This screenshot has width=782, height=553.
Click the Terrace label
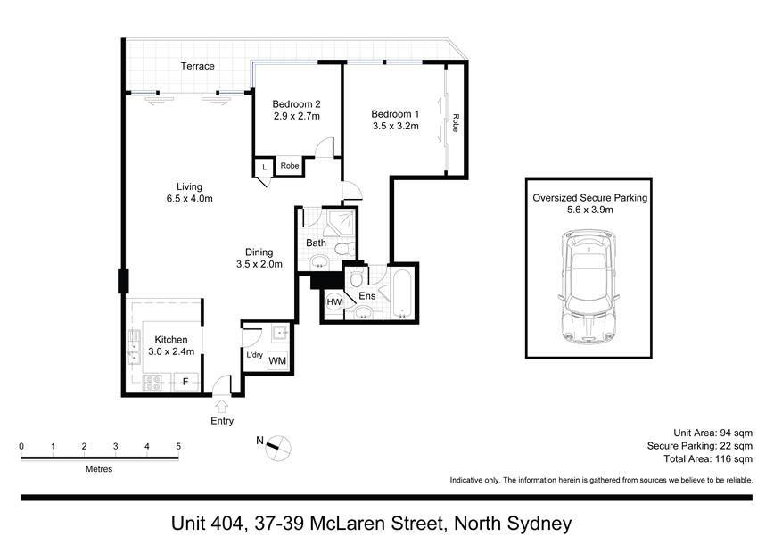(197, 66)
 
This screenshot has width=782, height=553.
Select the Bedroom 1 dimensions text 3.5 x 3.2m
(395, 127)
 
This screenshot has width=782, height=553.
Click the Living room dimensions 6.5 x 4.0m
(189, 199)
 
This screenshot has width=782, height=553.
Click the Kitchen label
(170, 340)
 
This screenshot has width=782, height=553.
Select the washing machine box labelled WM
(277, 360)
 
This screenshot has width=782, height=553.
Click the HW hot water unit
(334, 303)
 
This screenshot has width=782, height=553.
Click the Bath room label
(316, 243)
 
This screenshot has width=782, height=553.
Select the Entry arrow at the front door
(221, 403)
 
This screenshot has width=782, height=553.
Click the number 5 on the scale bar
(178, 446)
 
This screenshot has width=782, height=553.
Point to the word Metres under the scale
(99, 468)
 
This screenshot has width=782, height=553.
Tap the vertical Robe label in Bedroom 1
(455, 122)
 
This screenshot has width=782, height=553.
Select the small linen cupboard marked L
(264, 166)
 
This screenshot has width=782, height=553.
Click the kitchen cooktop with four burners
(152, 384)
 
